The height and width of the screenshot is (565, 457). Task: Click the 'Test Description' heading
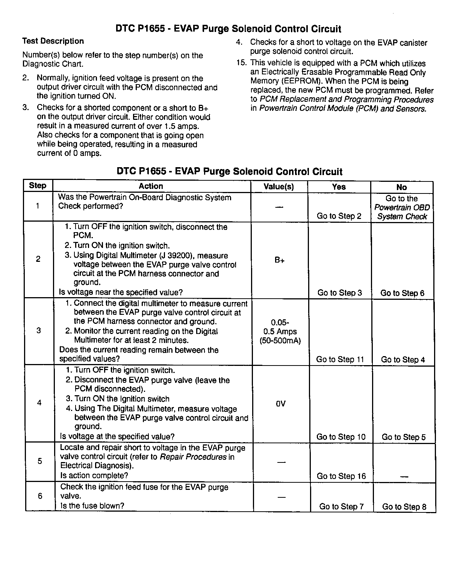[53, 41]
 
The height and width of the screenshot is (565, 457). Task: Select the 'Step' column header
[38, 186]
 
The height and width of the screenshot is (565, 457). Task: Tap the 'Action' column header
[151, 186]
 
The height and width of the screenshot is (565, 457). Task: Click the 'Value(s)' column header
[278, 187]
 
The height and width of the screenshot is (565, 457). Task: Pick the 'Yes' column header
[339, 187]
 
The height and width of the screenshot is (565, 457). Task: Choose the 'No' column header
[401, 187]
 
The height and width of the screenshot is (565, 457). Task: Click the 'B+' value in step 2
[279, 260]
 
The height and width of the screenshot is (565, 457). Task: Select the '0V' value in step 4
[280, 404]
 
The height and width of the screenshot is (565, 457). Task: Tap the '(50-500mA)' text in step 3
[280, 341]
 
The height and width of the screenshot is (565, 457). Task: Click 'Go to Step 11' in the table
[340, 360]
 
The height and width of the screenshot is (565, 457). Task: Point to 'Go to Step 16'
[341, 476]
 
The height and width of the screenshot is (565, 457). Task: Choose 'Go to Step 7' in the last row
[341, 506]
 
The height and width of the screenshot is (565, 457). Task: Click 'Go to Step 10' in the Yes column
[340, 437]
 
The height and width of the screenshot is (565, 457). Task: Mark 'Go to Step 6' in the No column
[402, 293]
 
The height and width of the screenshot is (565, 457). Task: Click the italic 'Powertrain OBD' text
[402, 207]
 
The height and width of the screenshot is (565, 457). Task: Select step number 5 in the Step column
[40, 461]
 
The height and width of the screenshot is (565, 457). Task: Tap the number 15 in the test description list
[241, 63]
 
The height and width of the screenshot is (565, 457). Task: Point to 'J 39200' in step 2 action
[182, 255]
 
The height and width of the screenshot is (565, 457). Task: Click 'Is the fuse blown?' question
[92, 506]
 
